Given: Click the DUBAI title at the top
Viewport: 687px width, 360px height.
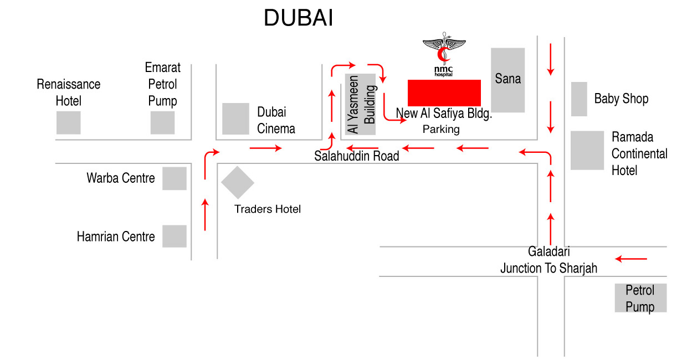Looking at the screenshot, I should coord(298,19).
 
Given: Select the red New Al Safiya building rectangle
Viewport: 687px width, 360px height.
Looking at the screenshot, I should coord(444,92).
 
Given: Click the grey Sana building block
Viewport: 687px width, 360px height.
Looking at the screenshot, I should coord(507,80).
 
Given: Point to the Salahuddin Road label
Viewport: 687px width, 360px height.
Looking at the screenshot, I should coord(356,156).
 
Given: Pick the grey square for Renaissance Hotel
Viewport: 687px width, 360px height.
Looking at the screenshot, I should coord(68,122).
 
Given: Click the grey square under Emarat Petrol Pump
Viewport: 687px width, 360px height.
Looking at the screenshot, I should coord(162,122).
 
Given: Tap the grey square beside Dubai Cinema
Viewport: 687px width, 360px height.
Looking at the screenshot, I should coord(235,119).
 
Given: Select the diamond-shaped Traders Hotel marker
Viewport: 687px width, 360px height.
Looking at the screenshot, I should coord(238,182).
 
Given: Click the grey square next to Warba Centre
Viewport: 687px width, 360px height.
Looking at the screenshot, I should coord(174,178).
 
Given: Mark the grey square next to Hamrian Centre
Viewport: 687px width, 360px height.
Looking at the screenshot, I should coord(174,236).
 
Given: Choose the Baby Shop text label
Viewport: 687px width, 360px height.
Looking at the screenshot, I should coord(621,99).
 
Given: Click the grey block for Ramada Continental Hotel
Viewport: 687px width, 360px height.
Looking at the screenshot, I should coord(587,150).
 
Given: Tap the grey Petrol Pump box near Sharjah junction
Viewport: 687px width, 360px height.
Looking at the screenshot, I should coord(640,298).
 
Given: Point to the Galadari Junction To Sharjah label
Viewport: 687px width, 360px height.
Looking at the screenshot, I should coord(548,260).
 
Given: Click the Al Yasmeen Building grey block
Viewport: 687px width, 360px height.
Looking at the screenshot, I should coord(361,104).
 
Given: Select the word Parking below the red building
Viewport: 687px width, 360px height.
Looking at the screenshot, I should coord(441,130).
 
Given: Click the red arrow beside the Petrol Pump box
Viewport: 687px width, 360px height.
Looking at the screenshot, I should coord(631,259).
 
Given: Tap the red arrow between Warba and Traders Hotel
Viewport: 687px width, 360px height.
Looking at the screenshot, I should coord(206,214).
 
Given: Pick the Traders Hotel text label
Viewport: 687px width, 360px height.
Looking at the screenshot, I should coord(268,209).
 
